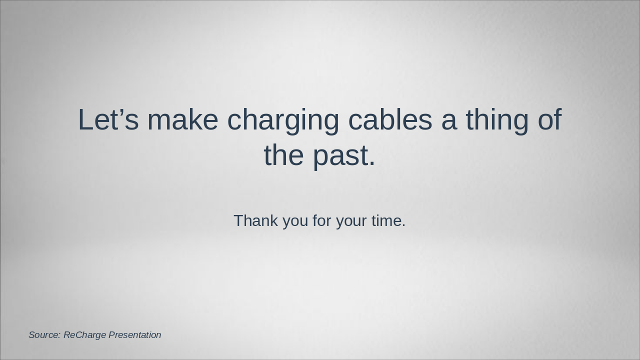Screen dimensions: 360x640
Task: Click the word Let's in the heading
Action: (x=107, y=120)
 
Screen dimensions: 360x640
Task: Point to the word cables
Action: (x=390, y=120)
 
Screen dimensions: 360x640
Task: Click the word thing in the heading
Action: (x=497, y=121)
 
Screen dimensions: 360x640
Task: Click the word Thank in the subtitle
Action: (x=255, y=220)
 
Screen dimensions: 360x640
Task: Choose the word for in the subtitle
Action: (x=321, y=220)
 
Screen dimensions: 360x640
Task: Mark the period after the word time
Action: (x=403, y=226)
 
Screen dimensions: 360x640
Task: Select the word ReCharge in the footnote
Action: (x=84, y=335)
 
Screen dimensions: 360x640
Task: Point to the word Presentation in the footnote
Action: (x=135, y=335)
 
